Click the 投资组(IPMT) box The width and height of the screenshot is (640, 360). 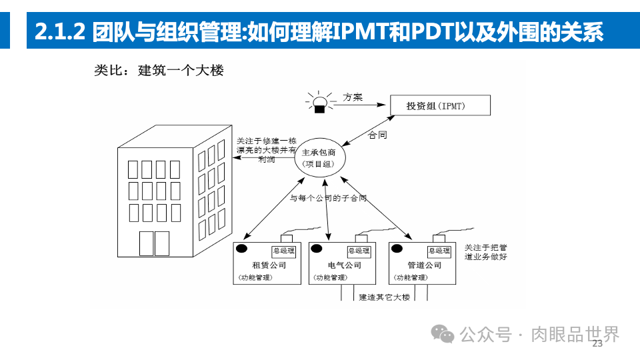[x=437, y=106]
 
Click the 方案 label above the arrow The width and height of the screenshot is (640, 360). [x=353, y=97]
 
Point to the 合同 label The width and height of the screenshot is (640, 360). [x=378, y=135]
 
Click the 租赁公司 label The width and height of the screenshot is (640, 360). [x=265, y=265]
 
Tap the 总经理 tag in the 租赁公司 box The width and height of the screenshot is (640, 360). [x=283, y=251]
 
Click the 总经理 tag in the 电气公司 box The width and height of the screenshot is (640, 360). [x=359, y=251]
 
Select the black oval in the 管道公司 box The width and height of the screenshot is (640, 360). [x=397, y=249]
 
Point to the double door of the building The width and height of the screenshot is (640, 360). [x=153, y=243]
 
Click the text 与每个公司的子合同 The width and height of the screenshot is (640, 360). [x=328, y=198]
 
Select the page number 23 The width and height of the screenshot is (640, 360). [x=597, y=343]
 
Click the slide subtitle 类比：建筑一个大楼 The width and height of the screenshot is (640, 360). [x=159, y=71]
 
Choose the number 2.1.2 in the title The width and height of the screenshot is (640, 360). [x=59, y=31]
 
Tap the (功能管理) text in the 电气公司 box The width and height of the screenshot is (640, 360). [x=331, y=277]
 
